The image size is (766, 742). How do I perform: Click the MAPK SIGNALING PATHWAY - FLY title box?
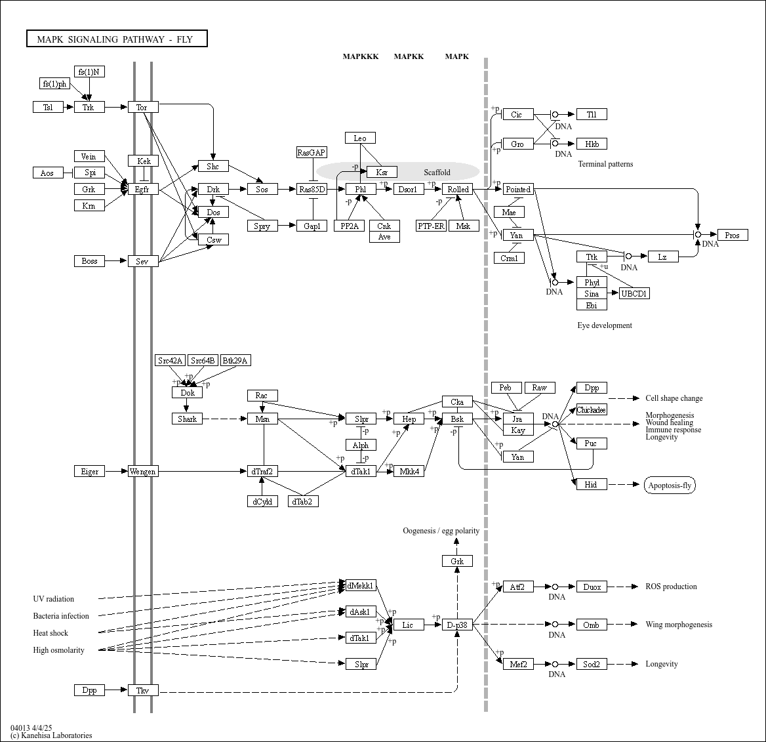pyautogui.click(x=117, y=39)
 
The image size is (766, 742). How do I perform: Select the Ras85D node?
pyautogui.click(x=312, y=190)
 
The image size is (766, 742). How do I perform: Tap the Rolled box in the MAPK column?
pyautogui.click(x=458, y=190)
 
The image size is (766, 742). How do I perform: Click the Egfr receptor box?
pyautogui.click(x=143, y=190)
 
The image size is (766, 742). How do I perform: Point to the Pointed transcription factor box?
pyautogui.click(x=518, y=190)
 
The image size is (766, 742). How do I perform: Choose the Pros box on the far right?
pyautogui.click(x=733, y=235)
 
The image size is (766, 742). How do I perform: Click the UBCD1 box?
pyautogui.click(x=634, y=293)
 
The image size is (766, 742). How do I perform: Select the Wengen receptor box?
pyautogui.click(x=143, y=472)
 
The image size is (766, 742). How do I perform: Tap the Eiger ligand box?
pyautogui.click(x=89, y=472)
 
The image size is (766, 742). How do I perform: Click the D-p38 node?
pyautogui.click(x=457, y=625)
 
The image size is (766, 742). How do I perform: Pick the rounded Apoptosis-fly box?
pyautogui.click(x=670, y=485)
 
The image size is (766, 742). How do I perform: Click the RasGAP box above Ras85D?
pyautogui.click(x=312, y=153)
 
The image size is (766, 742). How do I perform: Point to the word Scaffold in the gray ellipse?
pyautogui.click(x=437, y=173)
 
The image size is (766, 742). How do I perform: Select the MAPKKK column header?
pyautogui.click(x=361, y=56)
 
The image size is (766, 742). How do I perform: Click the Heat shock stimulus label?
pyautogui.click(x=50, y=633)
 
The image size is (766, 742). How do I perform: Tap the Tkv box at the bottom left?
pyautogui.click(x=143, y=690)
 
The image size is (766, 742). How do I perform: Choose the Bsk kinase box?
pyautogui.click(x=457, y=419)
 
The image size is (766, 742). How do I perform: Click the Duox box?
pyautogui.click(x=592, y=587)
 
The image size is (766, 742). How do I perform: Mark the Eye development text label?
pyautogui.click(x=605, y=325)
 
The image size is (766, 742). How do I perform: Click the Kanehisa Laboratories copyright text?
pyautogui.click(x=51, y=735)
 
